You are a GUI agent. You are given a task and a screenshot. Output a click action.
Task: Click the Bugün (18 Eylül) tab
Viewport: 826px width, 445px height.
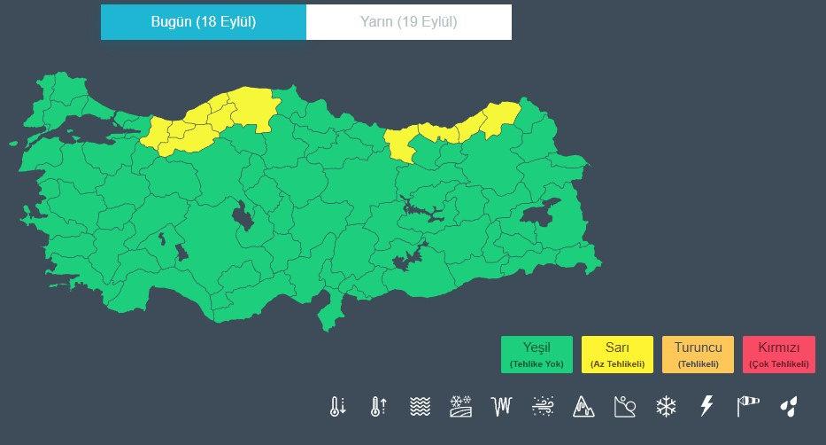(x=204, y=22)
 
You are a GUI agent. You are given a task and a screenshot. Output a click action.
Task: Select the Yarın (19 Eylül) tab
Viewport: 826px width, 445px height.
(x=408, y=22)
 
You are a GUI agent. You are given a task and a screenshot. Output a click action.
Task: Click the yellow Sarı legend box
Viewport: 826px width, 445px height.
(x=617, y=354)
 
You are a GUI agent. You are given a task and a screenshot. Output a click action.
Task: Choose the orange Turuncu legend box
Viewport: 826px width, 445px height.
(x=698, y=354)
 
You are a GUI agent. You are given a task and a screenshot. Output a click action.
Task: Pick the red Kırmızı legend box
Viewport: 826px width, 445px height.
(x=779, y=354)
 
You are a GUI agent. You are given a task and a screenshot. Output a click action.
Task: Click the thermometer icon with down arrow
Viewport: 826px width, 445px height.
(x=336, y=406)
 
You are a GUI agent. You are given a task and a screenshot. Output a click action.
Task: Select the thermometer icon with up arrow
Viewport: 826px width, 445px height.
(x=378, y=406)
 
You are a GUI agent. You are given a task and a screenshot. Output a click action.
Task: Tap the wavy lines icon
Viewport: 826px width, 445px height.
(x=420, y=406)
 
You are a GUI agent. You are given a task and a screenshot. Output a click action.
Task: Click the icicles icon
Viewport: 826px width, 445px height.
(x=502, y=406)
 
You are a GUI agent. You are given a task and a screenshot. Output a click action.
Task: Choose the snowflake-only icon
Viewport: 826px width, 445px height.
(x=666, y=406)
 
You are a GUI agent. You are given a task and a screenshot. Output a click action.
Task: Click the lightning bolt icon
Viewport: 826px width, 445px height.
(x=706, y=406)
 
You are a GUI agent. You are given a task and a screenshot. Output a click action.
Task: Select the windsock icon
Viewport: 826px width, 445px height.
(x=748, y=406)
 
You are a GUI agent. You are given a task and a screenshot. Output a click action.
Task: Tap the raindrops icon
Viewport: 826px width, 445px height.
(x=788, y=406)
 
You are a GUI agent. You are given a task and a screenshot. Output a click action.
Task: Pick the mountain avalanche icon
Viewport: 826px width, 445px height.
(x=583, y=406)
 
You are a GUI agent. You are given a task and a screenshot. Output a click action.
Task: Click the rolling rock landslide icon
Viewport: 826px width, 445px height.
(x=625, y=406)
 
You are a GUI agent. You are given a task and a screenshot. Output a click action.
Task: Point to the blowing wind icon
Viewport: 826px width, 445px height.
(x=543, y=406)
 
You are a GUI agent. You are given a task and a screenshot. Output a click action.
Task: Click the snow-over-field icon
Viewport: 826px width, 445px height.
(x=460, y=406)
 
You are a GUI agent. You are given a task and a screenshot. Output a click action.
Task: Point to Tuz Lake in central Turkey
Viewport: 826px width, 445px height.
(x=242, y=215)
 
